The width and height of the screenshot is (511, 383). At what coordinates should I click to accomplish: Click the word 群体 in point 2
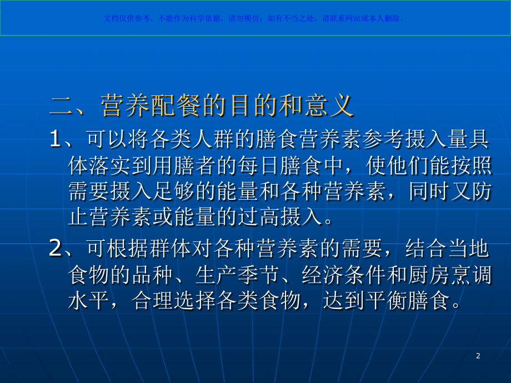(x=176, y=249)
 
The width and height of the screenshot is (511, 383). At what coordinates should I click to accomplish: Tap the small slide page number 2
(x=478, y=356)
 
